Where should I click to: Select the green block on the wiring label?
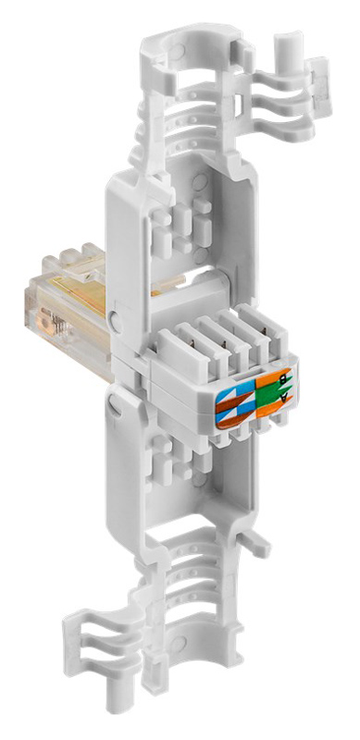point(268,395)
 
